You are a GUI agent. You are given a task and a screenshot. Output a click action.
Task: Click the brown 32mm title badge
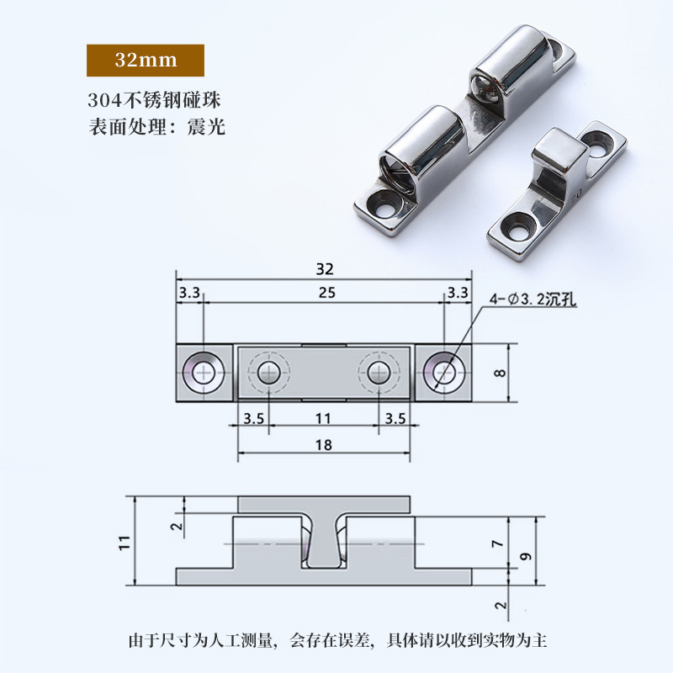pyautogui.click(x=145, y=61)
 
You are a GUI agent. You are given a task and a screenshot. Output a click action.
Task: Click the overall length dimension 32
pyautogui.click(x=325, y=269)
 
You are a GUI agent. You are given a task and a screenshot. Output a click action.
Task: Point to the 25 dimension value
pyautogui.click(x=325, y=293)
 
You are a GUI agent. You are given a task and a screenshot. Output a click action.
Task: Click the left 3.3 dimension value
pyautogui.click(x=189, y=293)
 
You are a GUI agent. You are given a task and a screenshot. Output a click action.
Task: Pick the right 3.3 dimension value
pyautogui.click(x=458, y=293)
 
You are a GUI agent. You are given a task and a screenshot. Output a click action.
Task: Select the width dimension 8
pyautogui.click(x=501, y=371)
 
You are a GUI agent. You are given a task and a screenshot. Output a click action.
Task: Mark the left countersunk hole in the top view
pyautogui.click(x=204, y=371)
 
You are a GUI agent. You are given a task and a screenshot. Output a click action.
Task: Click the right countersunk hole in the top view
pyautogui.click(x=444, y=371)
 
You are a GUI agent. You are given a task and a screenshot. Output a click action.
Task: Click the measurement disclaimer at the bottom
pyautogui.click(x=336, y=641)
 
